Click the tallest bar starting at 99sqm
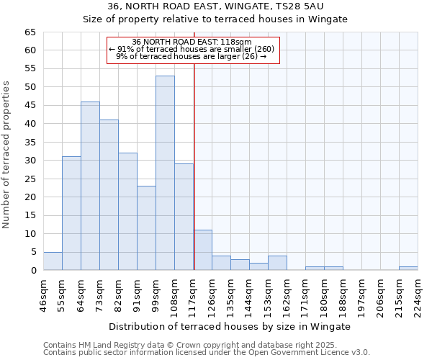coord(165,173)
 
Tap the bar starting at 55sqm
coord(71,213)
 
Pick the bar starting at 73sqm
coord(109,194)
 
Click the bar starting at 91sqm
coord(146,228)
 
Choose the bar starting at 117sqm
coord(202,250)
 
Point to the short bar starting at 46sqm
coord(53,261)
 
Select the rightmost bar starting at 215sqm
coord(408,269)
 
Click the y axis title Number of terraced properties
coord(7,155)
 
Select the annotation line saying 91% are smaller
coord(191,49)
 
